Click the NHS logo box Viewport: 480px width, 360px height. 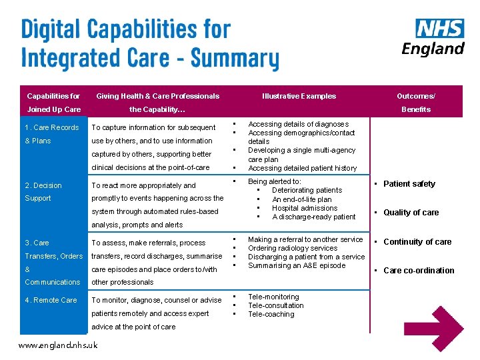coord(439,28)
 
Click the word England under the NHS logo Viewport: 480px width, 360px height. coord(433,49)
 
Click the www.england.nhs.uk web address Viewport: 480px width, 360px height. coord(58,345)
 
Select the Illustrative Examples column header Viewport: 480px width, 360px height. coord(299,96)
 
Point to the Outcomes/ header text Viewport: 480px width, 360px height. coord(415,96)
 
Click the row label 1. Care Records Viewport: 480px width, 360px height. coord(52,127)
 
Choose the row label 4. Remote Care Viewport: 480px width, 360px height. coord(51,300)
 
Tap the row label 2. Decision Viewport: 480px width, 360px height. coord(43,185)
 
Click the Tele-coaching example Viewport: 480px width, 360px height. coord(271,314)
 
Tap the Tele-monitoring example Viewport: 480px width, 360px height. coord(273,297)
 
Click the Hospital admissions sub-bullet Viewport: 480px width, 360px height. coord(305,208)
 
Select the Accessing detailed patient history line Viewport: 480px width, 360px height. coord(302,168)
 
